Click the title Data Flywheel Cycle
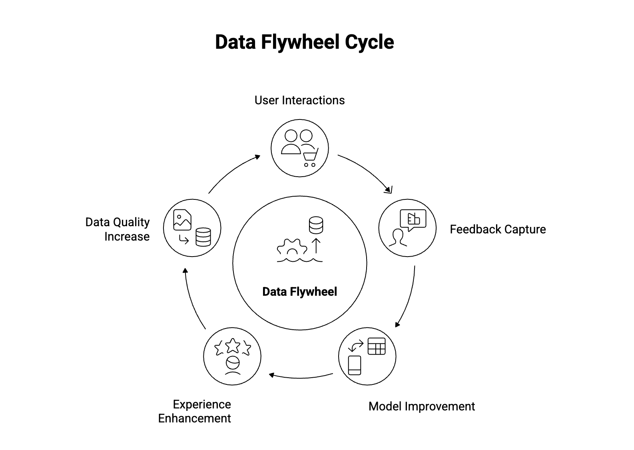coord(304,42)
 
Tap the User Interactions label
coord(299,100)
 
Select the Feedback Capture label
coord(497,229)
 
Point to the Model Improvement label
coord(421,406)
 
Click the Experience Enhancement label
coord(195,411)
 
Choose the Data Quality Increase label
coord(118,229)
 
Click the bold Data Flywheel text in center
coord(299,292)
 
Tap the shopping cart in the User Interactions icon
coord(310,157)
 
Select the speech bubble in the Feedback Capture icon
coord(413,219)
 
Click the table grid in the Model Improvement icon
coord(376,346)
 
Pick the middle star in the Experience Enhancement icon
coord(233,346)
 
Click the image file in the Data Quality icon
coord(182,220)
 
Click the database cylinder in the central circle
coord(316,225)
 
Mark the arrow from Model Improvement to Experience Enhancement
coord(301,376)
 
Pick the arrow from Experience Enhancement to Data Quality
coord(191,300)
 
